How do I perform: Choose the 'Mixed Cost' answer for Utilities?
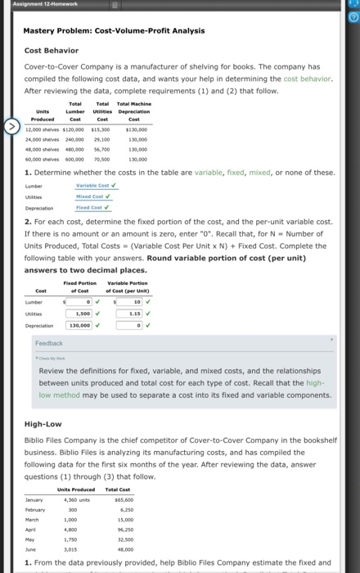click(96, 196)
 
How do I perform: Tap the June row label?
click(32, 552)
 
